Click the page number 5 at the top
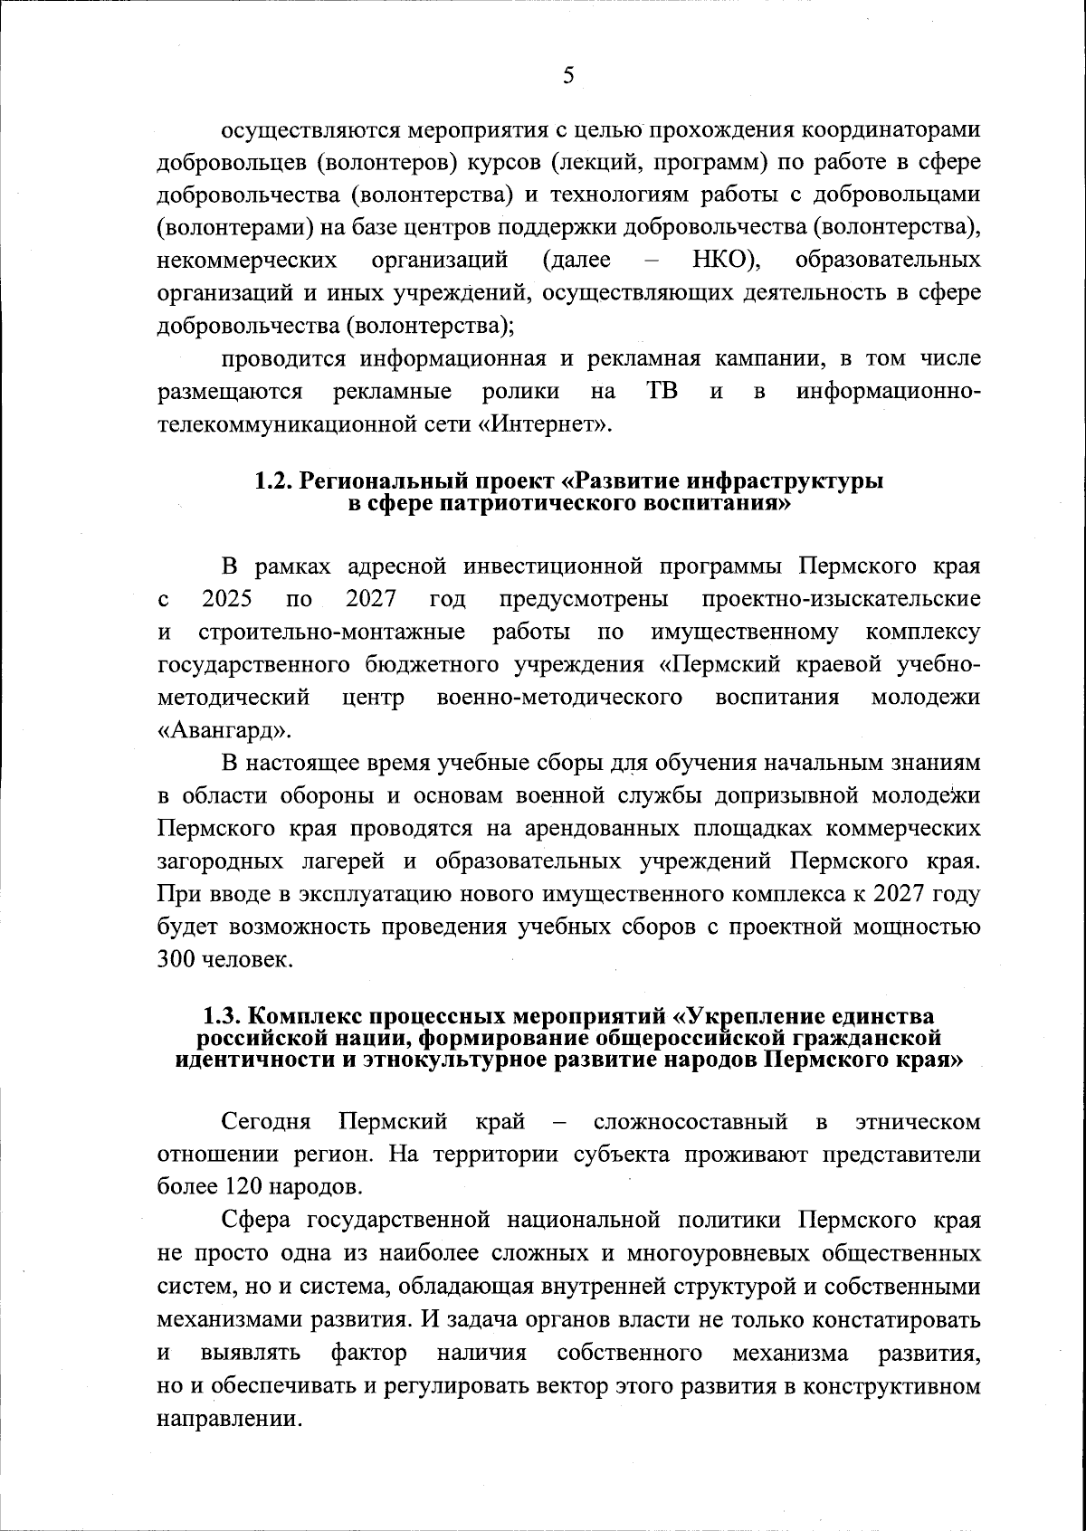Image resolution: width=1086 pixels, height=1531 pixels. (567, 75)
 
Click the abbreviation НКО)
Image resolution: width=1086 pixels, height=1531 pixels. (725, 262)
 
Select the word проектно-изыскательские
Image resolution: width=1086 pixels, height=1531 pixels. (841, 599)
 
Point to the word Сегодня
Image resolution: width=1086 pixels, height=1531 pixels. (267, 1123)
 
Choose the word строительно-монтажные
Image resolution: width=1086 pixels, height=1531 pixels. (332, 631)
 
